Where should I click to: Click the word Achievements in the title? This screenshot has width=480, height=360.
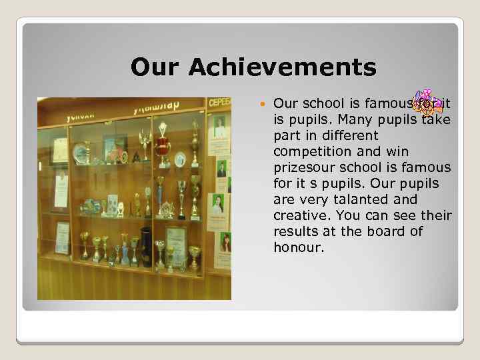click(283, 67)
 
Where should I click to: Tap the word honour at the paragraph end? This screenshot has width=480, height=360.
click(297, 247)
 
